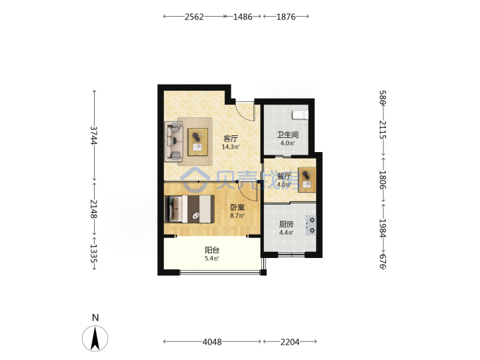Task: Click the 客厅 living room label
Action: pyautogui.click(x=231, y=139)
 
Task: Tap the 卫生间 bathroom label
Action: pyautogui.click(x=287, y=135)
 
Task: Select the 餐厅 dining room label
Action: pyautogui.click(x=284, y=176)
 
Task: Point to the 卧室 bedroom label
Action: pyautogui.click(x=237, y=207)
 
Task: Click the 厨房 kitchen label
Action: pyautogui.click(x=286, y=225)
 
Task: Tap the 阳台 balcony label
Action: pyautogui.click(x=212, y=251)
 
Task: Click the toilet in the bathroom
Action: pyautogui.click(x=300, y=115)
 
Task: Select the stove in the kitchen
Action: pyautogui.click(x=311, y=225)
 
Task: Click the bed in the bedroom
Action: pyautogui.click(x=189, y=209)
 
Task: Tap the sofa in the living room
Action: pyautogui.click(x=173, y=141)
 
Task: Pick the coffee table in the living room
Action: pyautogui.click(x=197, y=142)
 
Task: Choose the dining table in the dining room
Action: pyautogui.click(x=307, y=180)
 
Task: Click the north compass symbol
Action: pyautogui.click(x=95, y=338)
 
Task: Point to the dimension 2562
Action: pyautogui.click(x=194, y=17)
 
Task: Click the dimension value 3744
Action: pyautogui.click(x=94, y=135)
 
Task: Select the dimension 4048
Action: pyautogui.click(x=212, y=341)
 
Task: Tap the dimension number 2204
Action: pyautogui.click(x=290, y=341)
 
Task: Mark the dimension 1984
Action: pyautogui.click(x=383, y=228)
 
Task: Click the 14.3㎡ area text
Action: pyautogui.click(x=231, y=147)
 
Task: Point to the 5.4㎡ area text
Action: pyautogui.click(x=212, y=259)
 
